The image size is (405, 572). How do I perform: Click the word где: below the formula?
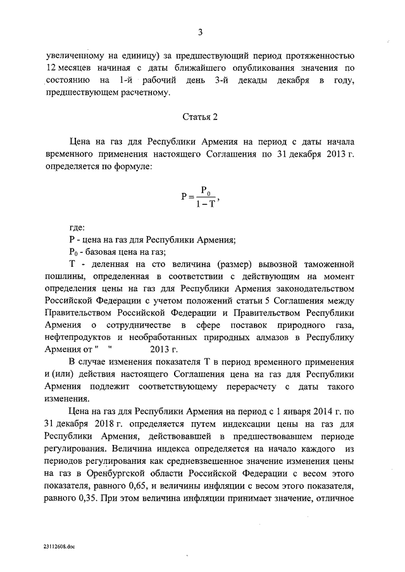pyautogui.click(x=77, y=228)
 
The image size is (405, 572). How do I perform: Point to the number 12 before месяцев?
pyautogui.click(x=52, y=69)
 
